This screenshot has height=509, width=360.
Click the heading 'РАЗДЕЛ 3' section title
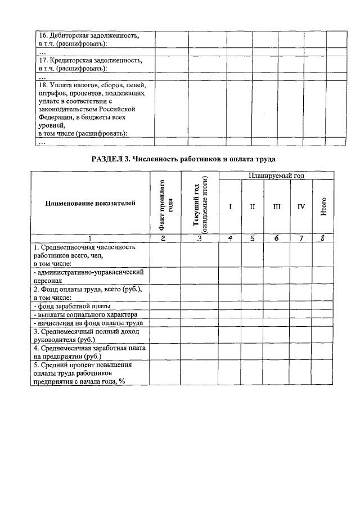183,159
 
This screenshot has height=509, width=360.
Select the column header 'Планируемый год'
276,176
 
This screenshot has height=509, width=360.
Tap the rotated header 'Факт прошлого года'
165,206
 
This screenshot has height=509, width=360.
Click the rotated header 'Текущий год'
200,206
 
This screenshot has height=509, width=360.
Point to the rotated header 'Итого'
323,208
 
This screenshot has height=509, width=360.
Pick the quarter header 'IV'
301,207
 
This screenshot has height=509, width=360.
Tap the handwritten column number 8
323,238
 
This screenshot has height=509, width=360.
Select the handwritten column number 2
164,238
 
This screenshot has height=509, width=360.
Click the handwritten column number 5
253,238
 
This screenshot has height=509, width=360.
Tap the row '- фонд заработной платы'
72,307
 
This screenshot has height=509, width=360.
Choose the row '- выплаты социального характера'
84,314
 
